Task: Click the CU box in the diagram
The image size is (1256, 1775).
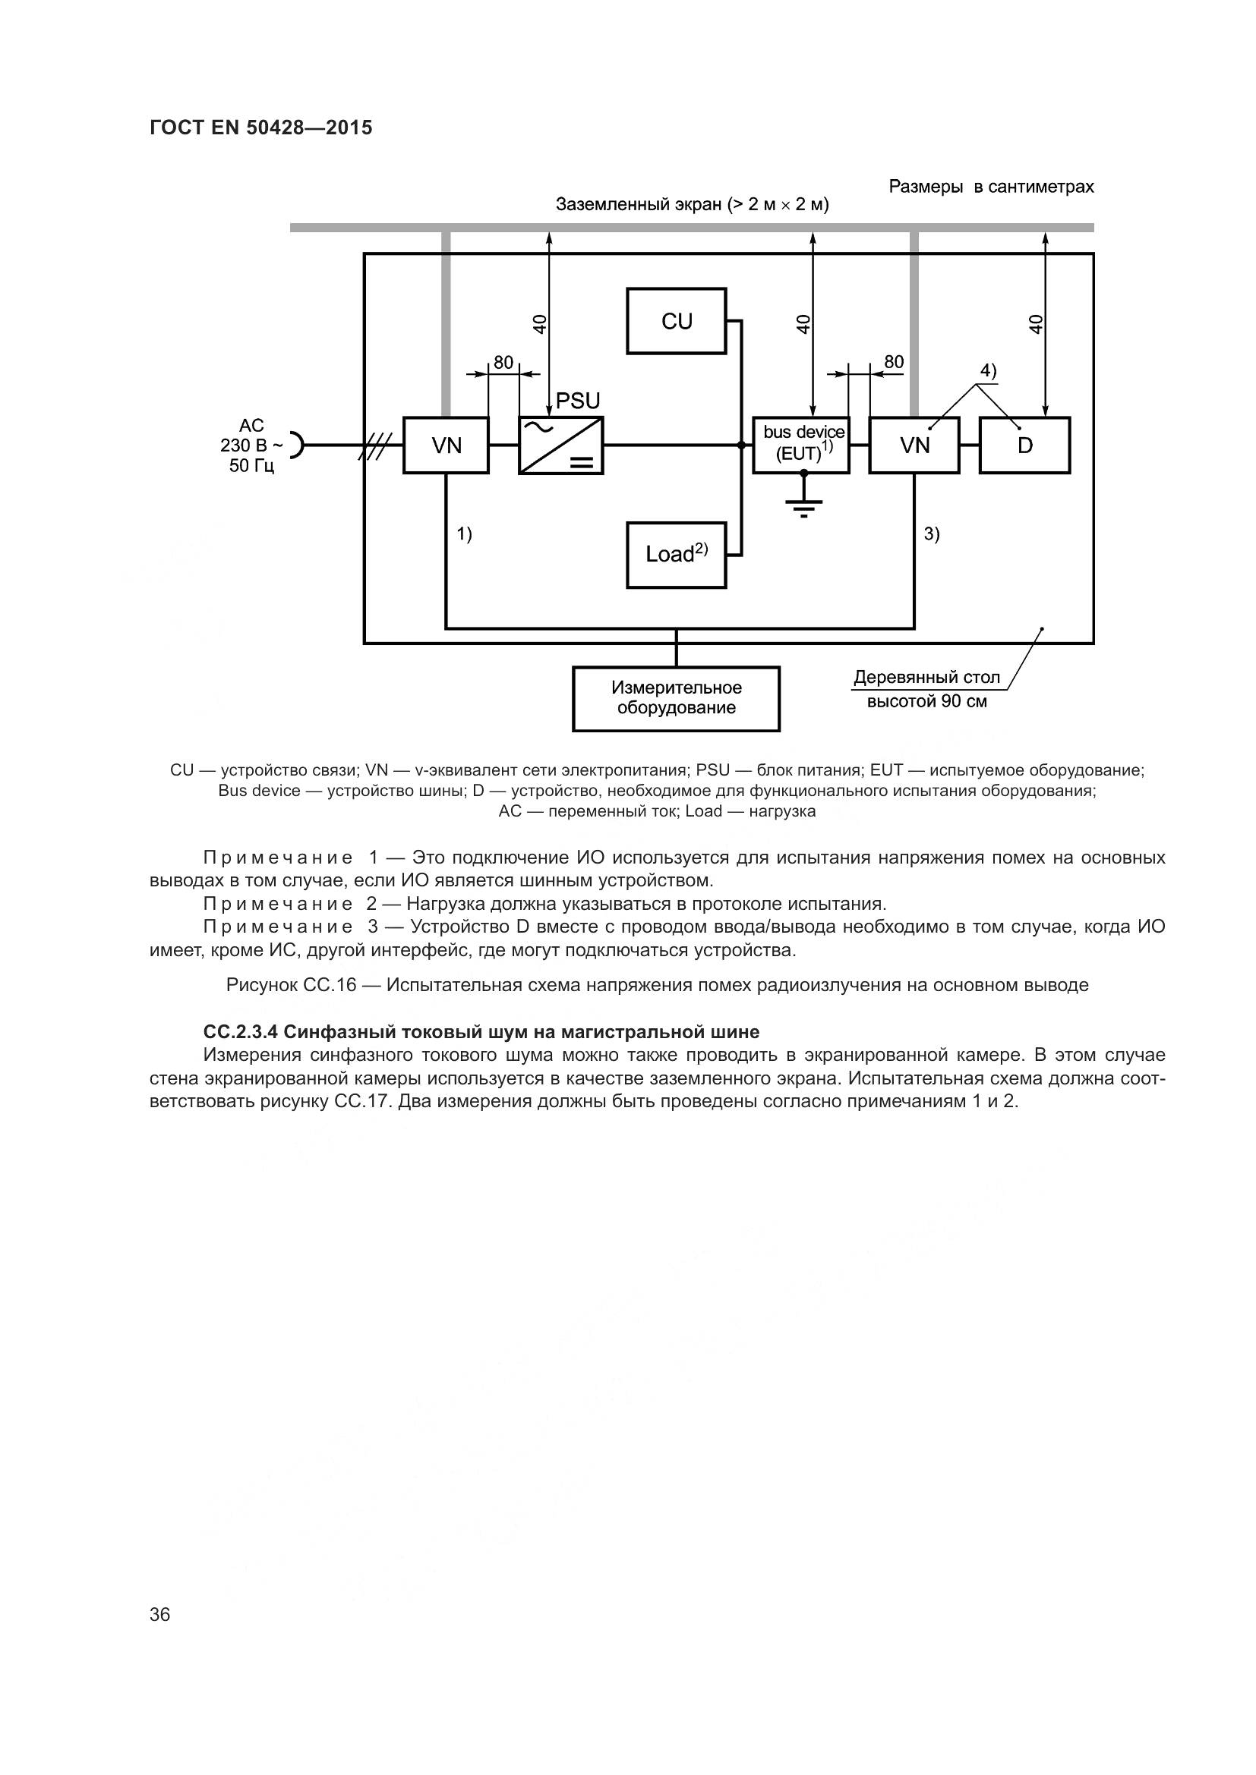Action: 676,321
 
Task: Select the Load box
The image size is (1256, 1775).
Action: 676,554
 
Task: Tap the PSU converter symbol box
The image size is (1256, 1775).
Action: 560,445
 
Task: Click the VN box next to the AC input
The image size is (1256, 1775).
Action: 447,445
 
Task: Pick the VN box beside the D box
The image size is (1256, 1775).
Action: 914,445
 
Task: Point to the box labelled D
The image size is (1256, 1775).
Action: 1024,445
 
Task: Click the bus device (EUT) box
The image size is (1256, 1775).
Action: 801,445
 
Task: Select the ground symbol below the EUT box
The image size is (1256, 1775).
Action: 804,507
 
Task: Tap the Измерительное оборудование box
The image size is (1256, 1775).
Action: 676,698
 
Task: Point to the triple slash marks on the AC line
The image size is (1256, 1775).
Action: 376,445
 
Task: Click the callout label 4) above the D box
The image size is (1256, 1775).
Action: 989,371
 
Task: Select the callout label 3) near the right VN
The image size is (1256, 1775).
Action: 932,533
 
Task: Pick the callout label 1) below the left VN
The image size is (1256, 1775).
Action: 464,533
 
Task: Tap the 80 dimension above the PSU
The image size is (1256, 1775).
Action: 503,363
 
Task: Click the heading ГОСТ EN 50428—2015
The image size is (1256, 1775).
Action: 260,127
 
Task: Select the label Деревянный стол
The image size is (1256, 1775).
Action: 926,678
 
